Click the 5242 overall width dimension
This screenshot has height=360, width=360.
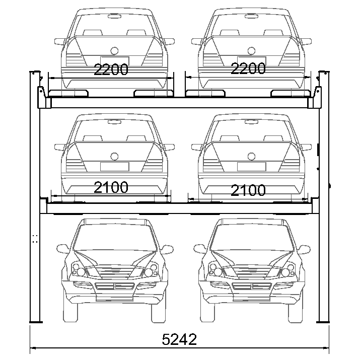pyautogui.click(x=179, y=339)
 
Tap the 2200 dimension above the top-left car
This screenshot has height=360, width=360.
pyautogui.click(x=111, y=69)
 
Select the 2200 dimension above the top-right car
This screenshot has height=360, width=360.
pyautogui.click(x=248, y=68)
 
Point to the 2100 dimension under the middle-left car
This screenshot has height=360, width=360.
pyautogui.click(x=111, y=187)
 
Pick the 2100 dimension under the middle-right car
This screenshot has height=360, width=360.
pyautogui.click(x=248, y=190)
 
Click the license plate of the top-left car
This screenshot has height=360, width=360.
pyautogui.click(x=115, y=60)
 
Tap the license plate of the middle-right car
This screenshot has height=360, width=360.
pyautogui.click(x=251, y=167)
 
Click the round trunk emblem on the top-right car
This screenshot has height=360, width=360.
pyautogui.click(x=251, y=51)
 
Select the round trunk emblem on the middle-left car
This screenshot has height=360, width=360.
pyautogui.click(x=114, y=157)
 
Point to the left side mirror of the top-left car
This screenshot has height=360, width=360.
pyautogui.click(x=60, y=42)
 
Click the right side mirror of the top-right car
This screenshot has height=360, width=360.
pyautogui.click(x=306, y=42)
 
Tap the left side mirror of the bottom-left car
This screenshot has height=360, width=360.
pyautogui.click(x=62, y=248)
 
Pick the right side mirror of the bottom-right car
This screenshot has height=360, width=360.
pyautogui.click(x=304, y=249)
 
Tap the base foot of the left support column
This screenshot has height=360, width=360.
pyautogui.click(x=36, y=322)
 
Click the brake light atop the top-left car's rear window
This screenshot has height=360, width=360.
pyautogui.click(x=115, y=16)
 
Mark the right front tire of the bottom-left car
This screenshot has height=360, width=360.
pyautogui.click(x=159, y=313)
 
